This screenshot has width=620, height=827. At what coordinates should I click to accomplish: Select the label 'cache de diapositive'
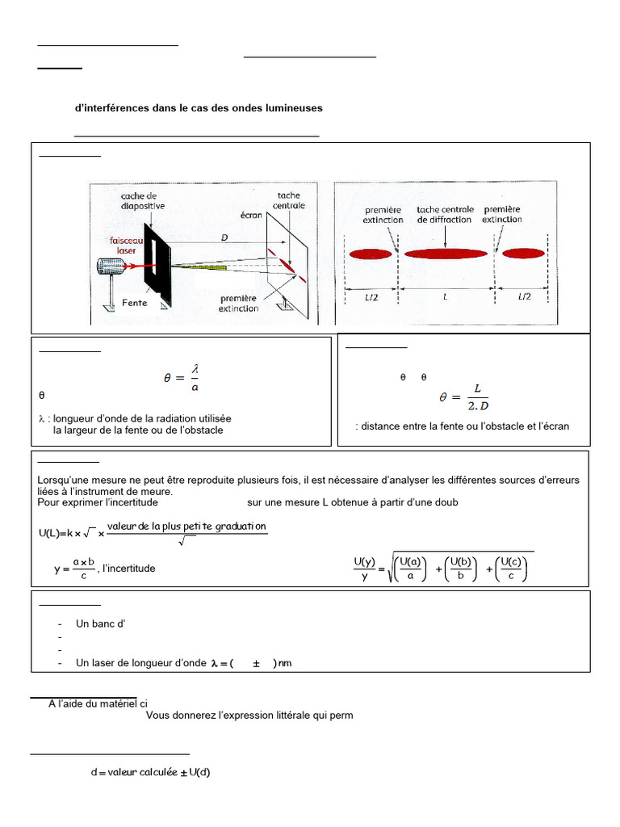[143, 200]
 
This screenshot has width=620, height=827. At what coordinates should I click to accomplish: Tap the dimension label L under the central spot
[446, 297]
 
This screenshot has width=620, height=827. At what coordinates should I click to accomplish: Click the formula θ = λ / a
[182, 378]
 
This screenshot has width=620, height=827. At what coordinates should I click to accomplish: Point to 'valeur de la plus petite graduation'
[186, 527]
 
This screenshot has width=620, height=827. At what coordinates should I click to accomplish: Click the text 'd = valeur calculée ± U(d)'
[151, 772]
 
